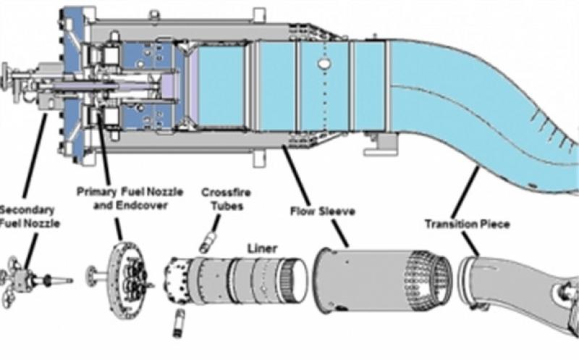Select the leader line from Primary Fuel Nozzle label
tap(103, 145)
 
